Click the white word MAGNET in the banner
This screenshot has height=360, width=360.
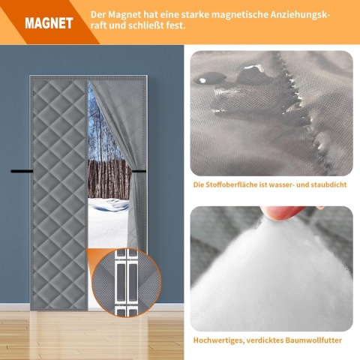(49, 23)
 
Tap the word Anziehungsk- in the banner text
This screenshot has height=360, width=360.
(299, 14)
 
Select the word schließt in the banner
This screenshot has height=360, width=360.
(143, 25)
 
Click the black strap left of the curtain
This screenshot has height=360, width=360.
(22, 171)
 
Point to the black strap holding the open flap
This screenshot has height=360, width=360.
(139, 171)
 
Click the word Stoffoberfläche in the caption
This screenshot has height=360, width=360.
(229, 184)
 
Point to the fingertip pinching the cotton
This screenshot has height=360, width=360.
(283, 212)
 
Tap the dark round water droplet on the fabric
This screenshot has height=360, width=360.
(202, 80)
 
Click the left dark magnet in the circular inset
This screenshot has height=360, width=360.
(121, 282)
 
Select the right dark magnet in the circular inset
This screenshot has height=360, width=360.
(133, 282)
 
